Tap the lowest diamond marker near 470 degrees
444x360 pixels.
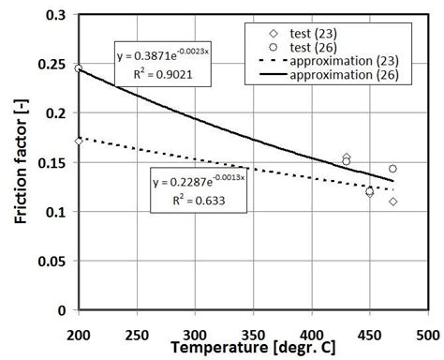[x=393, y=202]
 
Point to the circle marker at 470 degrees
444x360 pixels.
[x=392, y=169]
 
